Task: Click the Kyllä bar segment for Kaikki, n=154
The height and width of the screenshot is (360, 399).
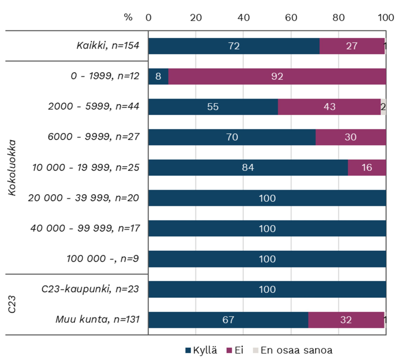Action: click(x=233, y=46)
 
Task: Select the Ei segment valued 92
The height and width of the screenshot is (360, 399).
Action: click(x=277, y=76)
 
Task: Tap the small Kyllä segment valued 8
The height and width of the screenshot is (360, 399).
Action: click(x=158, y=76)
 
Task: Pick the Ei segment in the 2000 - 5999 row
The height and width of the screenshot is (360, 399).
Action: click(x=329, y=107)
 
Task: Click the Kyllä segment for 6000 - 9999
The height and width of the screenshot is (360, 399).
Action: click(x=232, y=137)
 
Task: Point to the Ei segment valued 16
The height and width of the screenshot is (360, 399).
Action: click(x=367, y=167)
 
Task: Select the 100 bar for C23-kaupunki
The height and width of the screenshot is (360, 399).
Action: click(x=267, y=289)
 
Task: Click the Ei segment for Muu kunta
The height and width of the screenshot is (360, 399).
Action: click(x=346, y=320)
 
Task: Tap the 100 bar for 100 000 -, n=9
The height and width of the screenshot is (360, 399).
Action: click(x=267, y=259)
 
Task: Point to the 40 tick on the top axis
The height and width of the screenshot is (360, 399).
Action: click(x=243, y=17)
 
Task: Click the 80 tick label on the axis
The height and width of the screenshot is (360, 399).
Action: click(x=338, y=17)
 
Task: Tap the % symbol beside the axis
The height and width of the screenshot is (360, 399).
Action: click(x=128, y=17)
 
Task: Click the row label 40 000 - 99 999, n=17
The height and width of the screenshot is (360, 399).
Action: click(x=85, y=229)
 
